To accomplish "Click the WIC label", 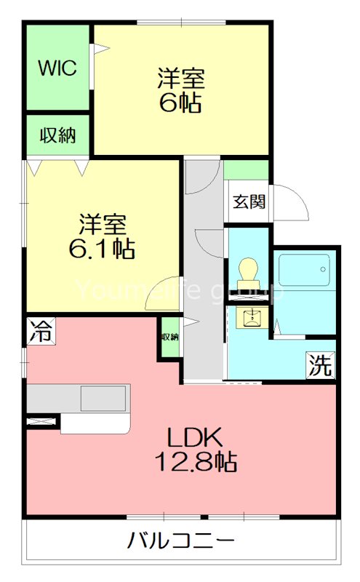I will tap(57, 69).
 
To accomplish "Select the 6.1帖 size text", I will tap(101, 249).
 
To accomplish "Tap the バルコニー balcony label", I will tap(181, 542).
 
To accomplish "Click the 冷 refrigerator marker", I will tap(40, 332).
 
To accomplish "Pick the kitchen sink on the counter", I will tap(103, 398).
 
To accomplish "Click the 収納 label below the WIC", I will tap(57, 135).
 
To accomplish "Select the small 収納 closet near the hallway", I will tap(169, 337).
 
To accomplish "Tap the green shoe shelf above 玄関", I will tap(247, 171).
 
